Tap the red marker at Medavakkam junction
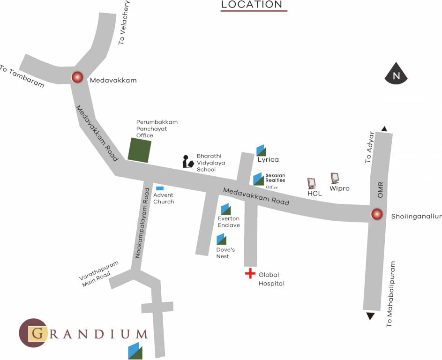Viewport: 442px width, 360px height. (x=76, y=77)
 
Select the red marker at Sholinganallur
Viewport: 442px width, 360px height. (x=376, y=215)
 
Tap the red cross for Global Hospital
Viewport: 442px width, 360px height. (x=250, y=273)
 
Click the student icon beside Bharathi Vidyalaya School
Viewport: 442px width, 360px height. (x=188, y=161)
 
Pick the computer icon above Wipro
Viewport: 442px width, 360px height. (x=335, y=178)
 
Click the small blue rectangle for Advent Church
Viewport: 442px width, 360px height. (x=159, y=188)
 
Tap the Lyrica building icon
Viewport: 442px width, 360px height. (x=261, y=150)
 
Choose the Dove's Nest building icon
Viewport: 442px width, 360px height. (x=221, y=240)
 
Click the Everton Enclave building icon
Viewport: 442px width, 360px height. (x=225, y=209)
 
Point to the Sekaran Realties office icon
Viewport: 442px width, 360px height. (x=258, y=179)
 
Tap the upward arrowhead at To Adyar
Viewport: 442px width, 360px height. (x=384, y=129)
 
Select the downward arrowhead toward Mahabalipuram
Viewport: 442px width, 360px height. (x=370, y=316)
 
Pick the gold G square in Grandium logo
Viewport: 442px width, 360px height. (x=37, y=333)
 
